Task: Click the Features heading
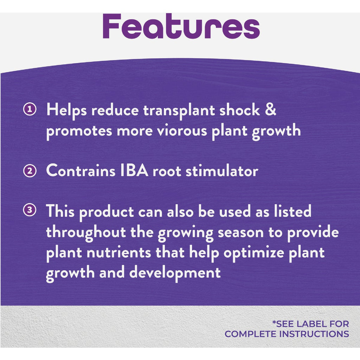(x=181, y=26)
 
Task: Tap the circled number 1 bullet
(x=30, y=109)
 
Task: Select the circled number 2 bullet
(x=30, y=171)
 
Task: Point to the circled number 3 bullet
(x=30, y=210)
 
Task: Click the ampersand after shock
(x=271, y=110)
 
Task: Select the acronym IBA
(x=134, y=171)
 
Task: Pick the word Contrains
(x=81, y=171)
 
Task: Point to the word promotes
(x=79, y=131)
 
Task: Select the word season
(x=240, y=233)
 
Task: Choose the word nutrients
(x=119, y=252)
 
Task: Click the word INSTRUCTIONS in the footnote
(x=314, y=334)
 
